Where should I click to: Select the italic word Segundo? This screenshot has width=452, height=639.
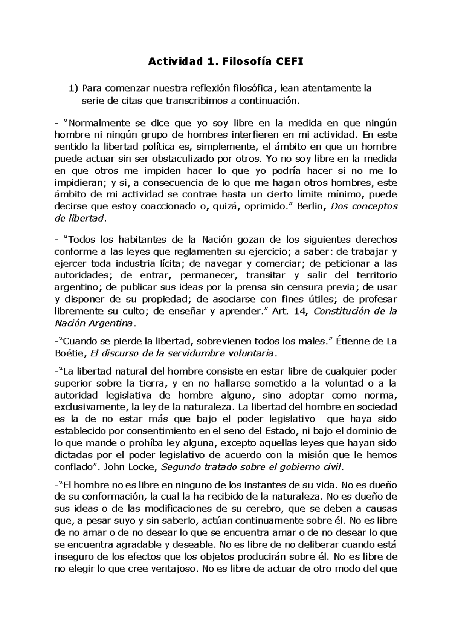tap(180, 467)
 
